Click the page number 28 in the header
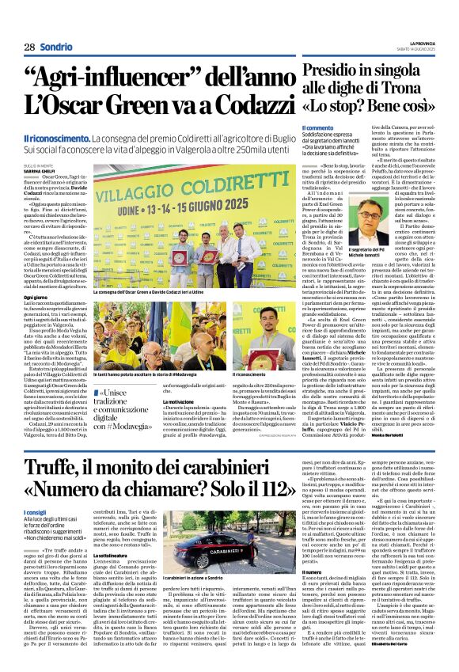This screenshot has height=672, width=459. tap(28, 47)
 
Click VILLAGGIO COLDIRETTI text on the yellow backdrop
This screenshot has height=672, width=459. tap(203, 187)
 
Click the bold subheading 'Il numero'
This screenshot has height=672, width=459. tap(311, 571)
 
